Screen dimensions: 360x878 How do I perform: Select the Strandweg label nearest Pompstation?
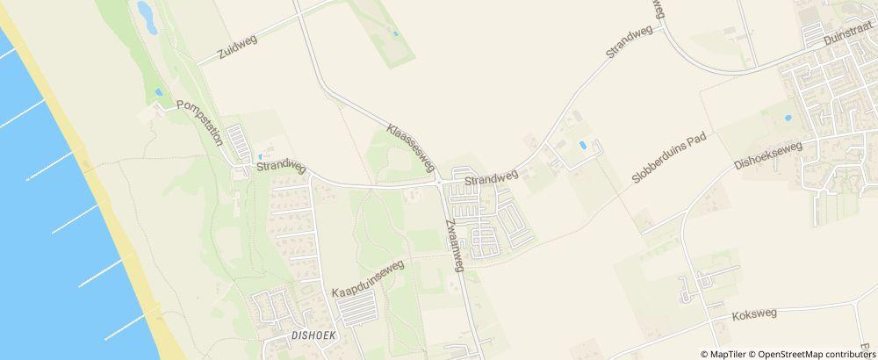point(280,166)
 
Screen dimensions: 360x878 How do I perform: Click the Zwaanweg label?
point(454,245)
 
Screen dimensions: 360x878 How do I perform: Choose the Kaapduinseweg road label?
point(367,277)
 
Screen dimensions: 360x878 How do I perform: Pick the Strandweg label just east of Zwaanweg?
point(491,178)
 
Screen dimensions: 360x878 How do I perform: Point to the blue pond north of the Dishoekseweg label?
point(788,117)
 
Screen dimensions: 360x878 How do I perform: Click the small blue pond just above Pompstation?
point(159,91)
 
